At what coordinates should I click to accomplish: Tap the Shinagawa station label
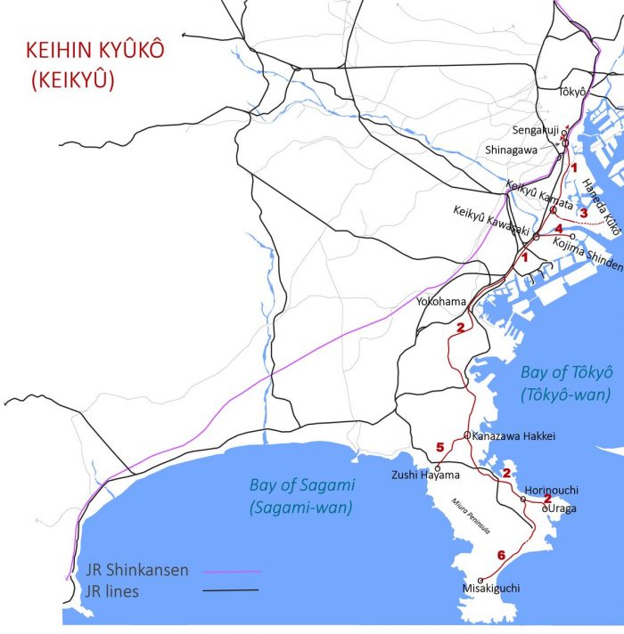pyautogui.click(x=511, y=150)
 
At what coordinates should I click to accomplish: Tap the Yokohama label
pyautogui.click(x=440, y=302)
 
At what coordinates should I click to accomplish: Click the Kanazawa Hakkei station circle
pyautogui.click(x=467, y=435)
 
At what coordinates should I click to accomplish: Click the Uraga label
pyautogui.click(x=562, y=507)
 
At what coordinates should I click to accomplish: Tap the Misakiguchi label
pyautogui.click(x=490, y=589)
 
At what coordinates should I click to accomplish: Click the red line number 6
pyautogui.click(x=501, y=556)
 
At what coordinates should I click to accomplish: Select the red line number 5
pyautogui.click(x=439, y=447)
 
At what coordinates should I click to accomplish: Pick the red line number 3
pyautogui.click(x=584, y=213)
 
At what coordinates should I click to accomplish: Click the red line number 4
pyautogui.click(x=558, y=229)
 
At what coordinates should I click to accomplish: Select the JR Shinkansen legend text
pyautogui.click(x=138, y=570)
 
